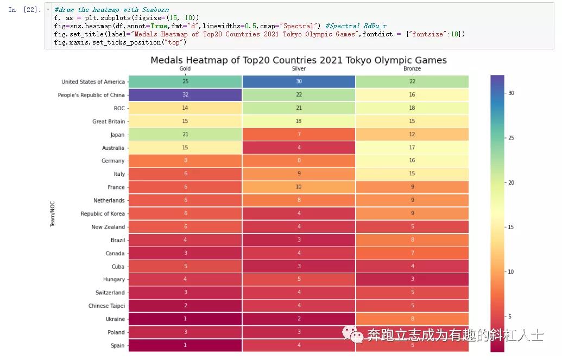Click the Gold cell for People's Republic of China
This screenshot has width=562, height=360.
pyautogui.click(x=185, y=95)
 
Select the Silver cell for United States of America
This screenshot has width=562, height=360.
pyautogui.click(x=299, y=81)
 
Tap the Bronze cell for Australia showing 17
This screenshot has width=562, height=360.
pyautogui.click(x=412, y=148)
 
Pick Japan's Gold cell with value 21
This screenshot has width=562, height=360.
pyautogui.click(x=185, y=135)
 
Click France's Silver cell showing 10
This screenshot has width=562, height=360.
pyautogui.click(x=299, y=187)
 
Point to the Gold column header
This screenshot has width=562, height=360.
pyautogui.click(x=185, y=69)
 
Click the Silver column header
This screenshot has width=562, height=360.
pyautogui.click(x=299, y=69)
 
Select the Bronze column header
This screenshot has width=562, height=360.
pyautogui.click(x=412, y=69)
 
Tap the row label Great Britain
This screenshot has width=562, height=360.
pyautogui.click(x=109, y=122)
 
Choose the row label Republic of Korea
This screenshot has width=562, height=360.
pyautogui.click(x=103, y=214)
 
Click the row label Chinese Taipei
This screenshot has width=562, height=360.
pyautogui.click(x=106, y=306)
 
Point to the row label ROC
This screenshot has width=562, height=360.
pyautogui.click(x=119, y=108)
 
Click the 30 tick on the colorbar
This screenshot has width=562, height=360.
pyautogui.click(x=511, y=93)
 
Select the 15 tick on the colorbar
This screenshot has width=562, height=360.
pyautogui.click(x=511, y=227)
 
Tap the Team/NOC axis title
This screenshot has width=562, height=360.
pyautogui.click(x=53, y=214)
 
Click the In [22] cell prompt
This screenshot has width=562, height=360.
pyautogui.click(x=24, y=10)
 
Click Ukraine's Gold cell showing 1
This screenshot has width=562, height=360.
pyautogui.click(x=185, y=319)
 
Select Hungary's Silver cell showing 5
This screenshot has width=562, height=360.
pyautogui.click(x=299, y=280)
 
